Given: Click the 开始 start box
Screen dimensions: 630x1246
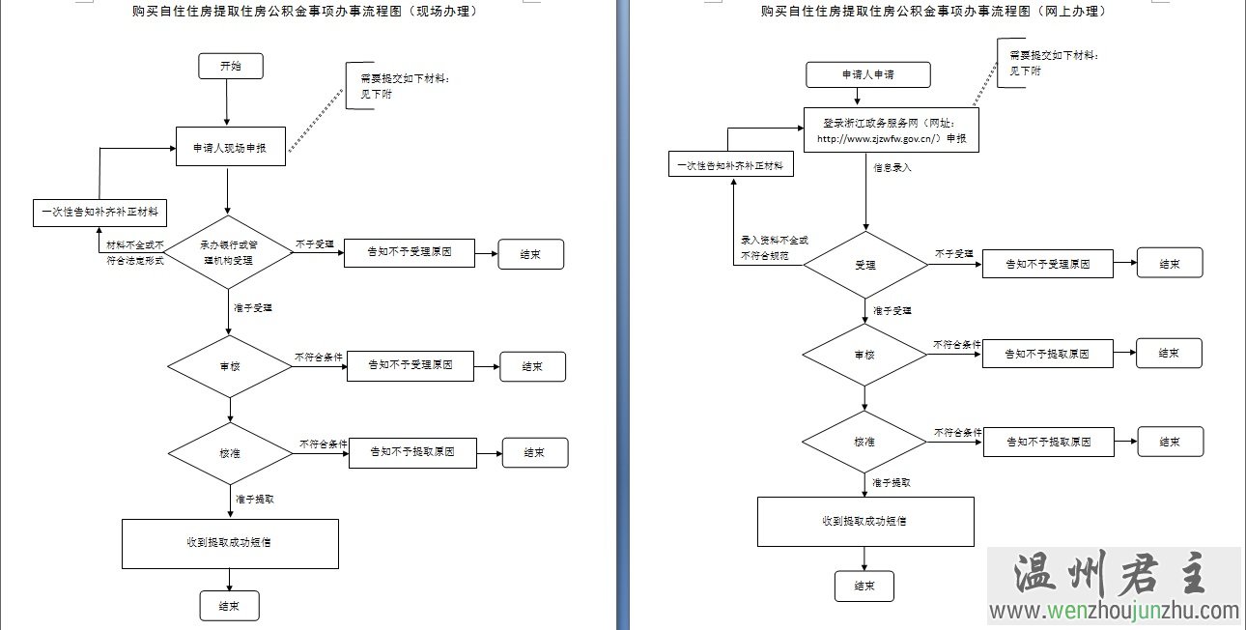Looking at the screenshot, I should [x=230, y=66].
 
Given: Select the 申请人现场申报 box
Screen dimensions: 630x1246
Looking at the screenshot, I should [x=230, y=147].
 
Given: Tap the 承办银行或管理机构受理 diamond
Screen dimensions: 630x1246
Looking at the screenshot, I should [x=228, y=251].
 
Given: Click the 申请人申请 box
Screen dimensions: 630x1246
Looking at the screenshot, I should [x=868, y=74].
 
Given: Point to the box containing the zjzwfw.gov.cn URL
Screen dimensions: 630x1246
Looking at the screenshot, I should [x=892, y=130].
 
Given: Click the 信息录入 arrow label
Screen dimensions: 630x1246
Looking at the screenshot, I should [x=892, y=167].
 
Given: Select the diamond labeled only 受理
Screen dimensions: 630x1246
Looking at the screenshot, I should [x=865, y=265].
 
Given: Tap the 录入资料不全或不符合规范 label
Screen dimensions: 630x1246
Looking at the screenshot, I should [x=774, y=248].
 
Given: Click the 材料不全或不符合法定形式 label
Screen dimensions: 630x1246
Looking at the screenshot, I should [x=135, y=253].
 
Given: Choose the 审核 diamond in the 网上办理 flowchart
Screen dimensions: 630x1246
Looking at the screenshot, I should [x=864, y=355].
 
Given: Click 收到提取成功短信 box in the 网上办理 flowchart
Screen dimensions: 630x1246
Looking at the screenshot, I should [x=864, y=521].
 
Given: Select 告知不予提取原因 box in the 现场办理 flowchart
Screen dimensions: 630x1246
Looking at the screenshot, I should [x=412, y=452].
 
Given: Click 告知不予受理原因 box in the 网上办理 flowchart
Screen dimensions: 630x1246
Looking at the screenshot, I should [x=1047, y=264].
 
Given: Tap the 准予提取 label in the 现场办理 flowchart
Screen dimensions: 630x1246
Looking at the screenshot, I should [x=255, y=500].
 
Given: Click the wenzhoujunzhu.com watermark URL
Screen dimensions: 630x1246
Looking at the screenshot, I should [x=1113, y=611].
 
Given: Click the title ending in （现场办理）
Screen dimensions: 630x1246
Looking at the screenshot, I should [x=305, y=12].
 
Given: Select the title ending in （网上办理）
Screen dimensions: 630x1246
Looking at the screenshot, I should [x=933, y=12].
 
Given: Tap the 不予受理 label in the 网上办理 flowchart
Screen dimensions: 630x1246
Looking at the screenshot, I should [x=954, y=253].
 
